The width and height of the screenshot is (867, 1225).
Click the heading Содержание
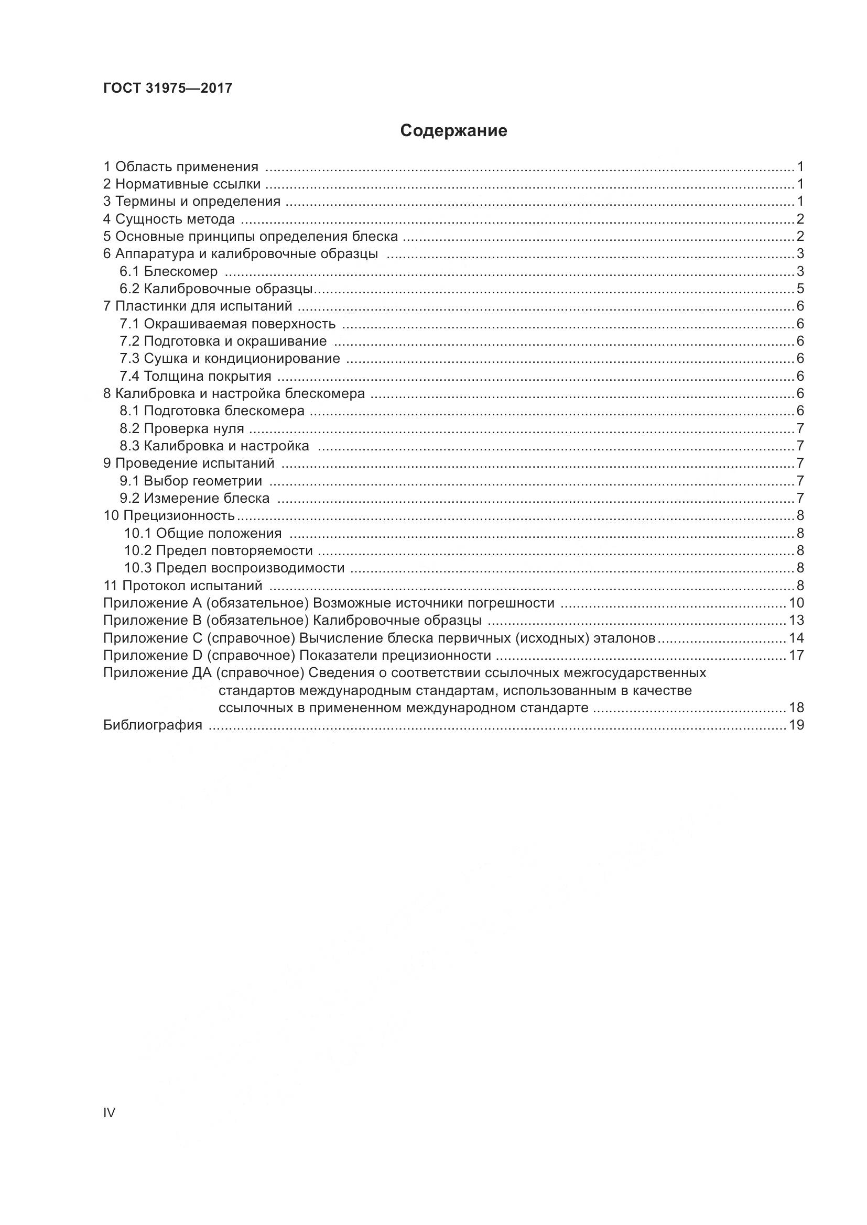tap(453, 131)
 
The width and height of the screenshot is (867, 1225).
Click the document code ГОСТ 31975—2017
tap(168, 88)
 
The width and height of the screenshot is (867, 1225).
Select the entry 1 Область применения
tap(180, 167)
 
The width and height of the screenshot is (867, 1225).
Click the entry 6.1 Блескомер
tap(169, 272)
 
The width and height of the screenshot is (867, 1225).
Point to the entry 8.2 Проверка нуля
tap(181, 428)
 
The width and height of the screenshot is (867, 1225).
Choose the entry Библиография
tap(153, 724)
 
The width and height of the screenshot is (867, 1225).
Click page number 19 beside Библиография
tap(796, 724)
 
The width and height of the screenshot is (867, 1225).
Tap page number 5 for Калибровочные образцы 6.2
tap(800, 289)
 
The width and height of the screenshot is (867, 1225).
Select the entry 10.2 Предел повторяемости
tap(219, 550)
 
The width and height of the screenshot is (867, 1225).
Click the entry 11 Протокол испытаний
tap(182, 586)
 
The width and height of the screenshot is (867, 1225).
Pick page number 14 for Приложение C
tap(796, 637)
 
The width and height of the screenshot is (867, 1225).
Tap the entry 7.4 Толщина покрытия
tap(196, 376)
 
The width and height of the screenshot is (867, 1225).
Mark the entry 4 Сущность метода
tap(169, 219)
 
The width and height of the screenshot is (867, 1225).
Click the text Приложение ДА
tap(158, 673)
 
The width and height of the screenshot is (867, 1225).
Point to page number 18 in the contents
tap(796, 708)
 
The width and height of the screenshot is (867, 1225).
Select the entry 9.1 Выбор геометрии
tap(191, 481)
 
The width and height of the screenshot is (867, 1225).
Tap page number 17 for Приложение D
tap(796, 655)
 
